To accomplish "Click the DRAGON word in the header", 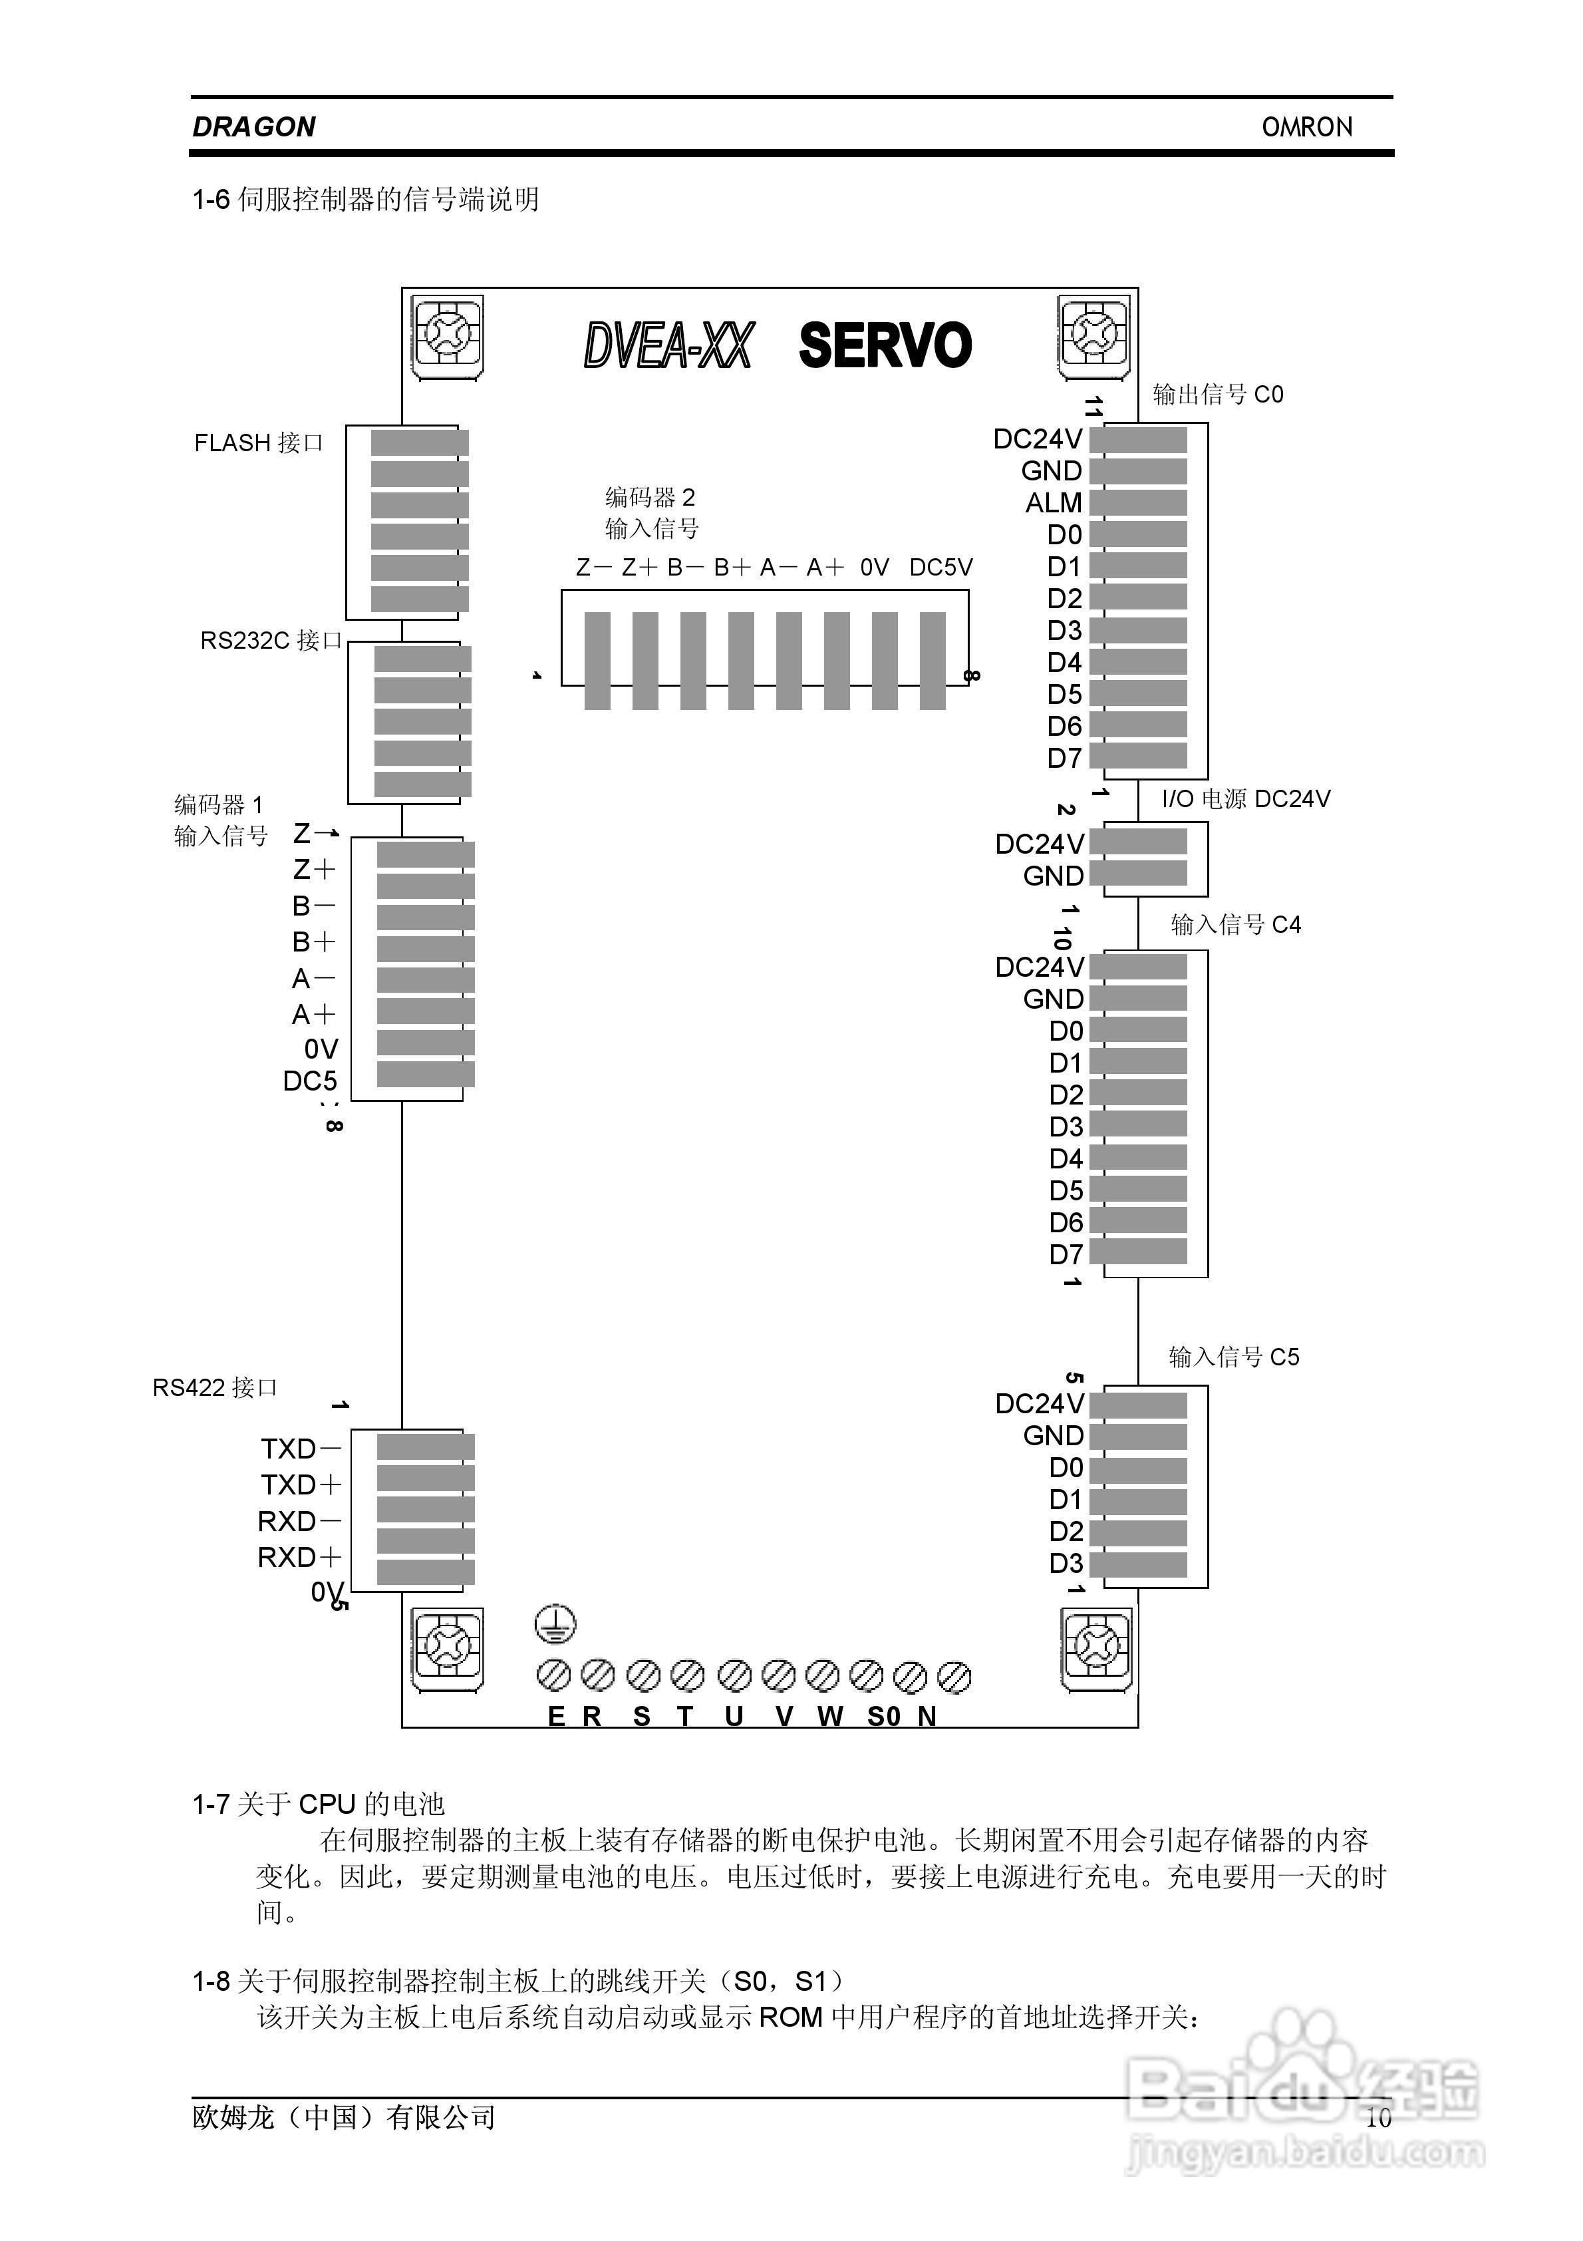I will pyautogui.click(x=254, y=127).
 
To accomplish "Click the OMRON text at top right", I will pyautogui.click(x=1307, y=127).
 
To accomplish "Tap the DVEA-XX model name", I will pyautogui.click(x=668, y=345).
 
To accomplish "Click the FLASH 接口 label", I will pyautogui.click(x=259, y=443).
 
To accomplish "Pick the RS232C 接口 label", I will pyautogui.click(x=271, y=640).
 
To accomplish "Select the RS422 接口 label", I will pyautogui.click(x=215, y=1388).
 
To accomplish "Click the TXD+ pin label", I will pyautogui.click(x=301, y=1484).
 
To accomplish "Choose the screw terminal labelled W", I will pyautogui.click(x=823, y=1676).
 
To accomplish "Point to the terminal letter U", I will pyautogui.click(x=734, y=1717).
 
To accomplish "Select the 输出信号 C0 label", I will pyautogui.click(x=1218, y=395).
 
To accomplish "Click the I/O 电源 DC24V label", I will pyautogui.click(x=1245, y=799).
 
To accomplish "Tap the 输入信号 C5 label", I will pyautogui.click(x=1234, y=1357).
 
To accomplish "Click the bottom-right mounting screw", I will pyautogui.click(x=1097, y=1647).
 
